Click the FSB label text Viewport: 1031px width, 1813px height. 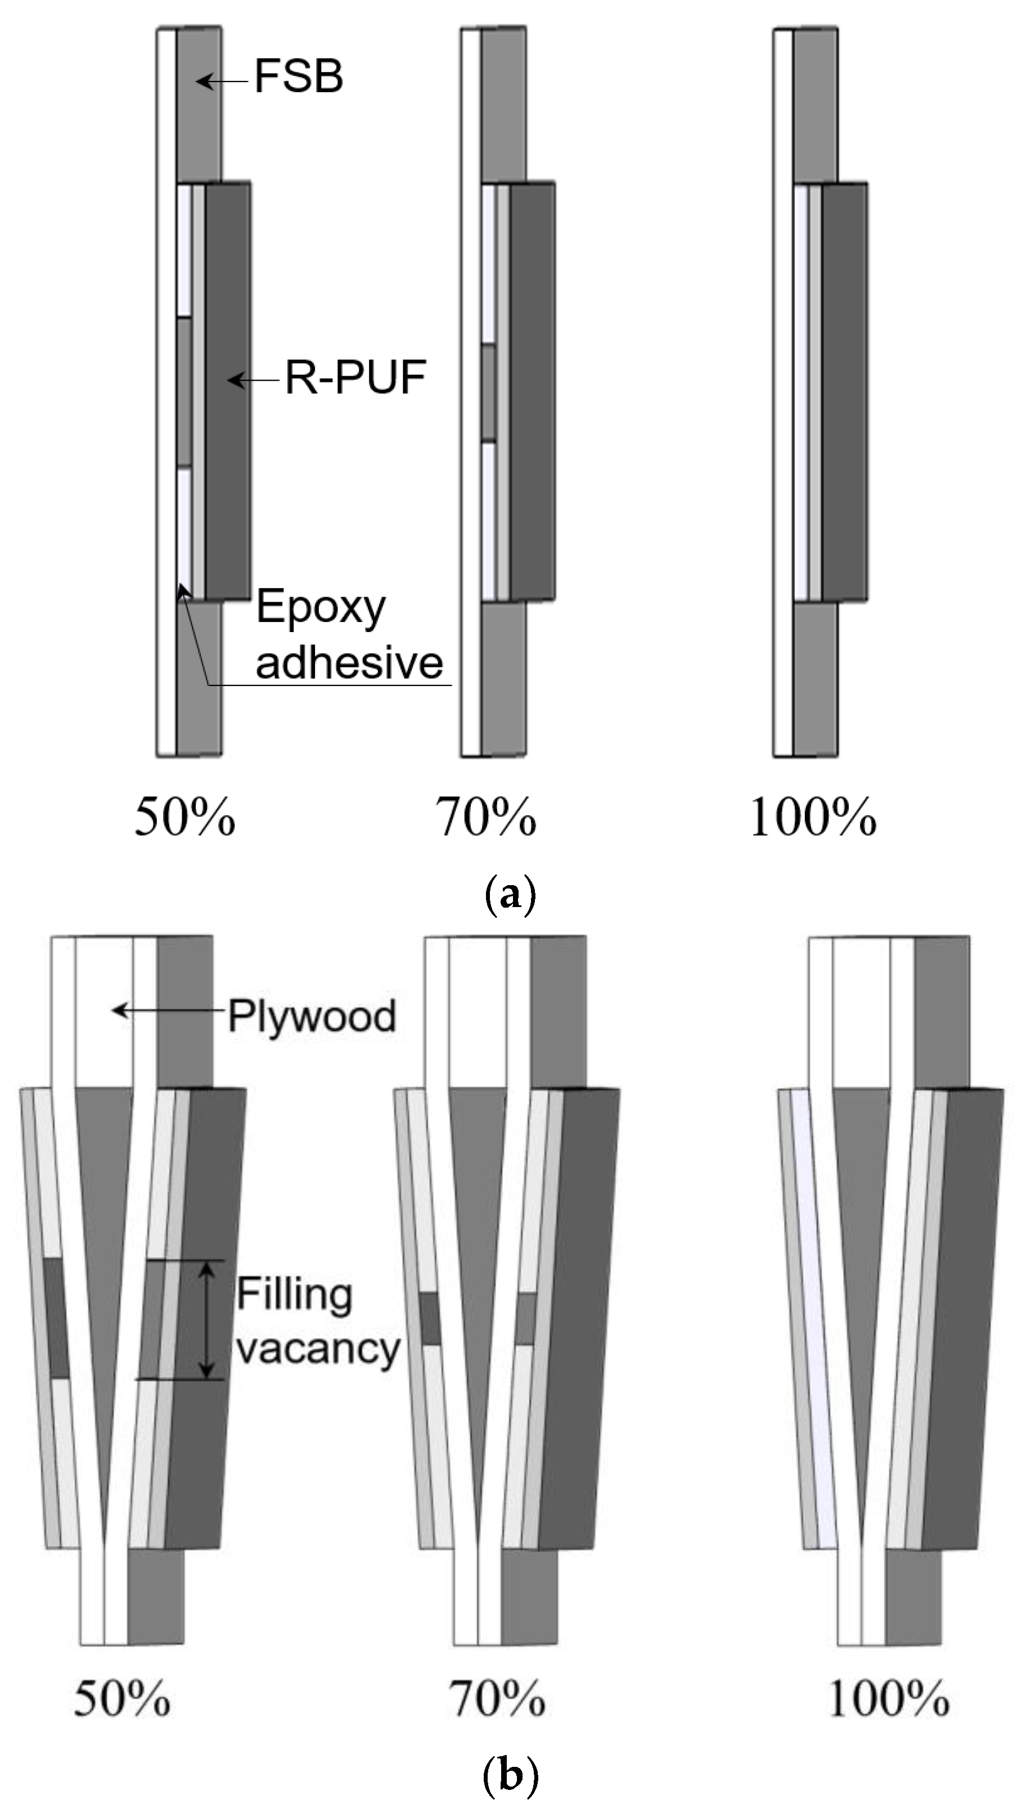click(x=298, y=76)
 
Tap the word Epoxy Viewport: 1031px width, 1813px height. click(x=321, y=607)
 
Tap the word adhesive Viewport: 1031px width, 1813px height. click(x=349, y=662)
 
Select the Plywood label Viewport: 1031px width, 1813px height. click(x=312, y=1017)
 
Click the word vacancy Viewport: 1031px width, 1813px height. click(x=318, y=1348)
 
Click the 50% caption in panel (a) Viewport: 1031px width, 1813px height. click(x=185, y=818)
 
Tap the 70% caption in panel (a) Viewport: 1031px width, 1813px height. click(x=486, y=818)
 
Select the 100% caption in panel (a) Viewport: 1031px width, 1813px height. click(x=813, y=818)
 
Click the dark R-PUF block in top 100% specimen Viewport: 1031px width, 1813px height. click(x=845, y=392)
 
